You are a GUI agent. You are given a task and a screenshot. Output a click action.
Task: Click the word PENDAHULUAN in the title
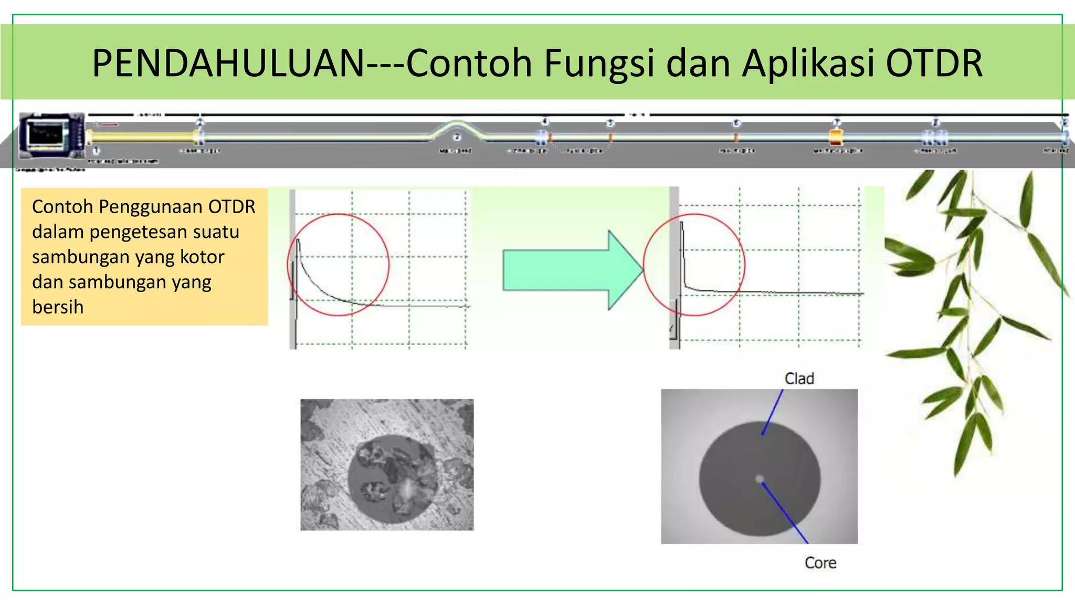tap(228, 64)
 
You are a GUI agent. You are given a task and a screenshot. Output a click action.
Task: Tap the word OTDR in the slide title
tap(934, 64)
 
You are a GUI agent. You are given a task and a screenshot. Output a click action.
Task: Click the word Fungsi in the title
tap(599, 64)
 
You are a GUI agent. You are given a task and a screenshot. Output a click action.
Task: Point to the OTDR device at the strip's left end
tap(51, 135)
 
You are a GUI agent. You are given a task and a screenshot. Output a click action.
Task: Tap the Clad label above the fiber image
tap(799, 379)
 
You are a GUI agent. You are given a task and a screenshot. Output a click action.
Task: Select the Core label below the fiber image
tap(820, 563)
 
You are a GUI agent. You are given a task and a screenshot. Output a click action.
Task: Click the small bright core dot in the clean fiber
tap(760, 479)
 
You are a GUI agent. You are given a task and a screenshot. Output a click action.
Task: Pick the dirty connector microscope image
tap(387, 465)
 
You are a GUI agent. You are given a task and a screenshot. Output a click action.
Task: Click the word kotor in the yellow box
tap(202, 257)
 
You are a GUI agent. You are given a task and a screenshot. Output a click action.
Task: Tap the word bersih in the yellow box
tap(58, 307)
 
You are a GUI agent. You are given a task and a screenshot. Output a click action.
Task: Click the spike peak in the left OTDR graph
tap(298, 241)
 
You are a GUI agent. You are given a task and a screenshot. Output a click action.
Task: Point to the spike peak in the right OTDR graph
tap(681, 224)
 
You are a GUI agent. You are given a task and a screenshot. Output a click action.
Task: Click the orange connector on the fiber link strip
tap(836, 138)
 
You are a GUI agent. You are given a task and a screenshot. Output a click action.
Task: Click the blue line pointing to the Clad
tap(772, 413)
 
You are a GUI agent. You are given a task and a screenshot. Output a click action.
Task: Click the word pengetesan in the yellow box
tap(164, 232)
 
